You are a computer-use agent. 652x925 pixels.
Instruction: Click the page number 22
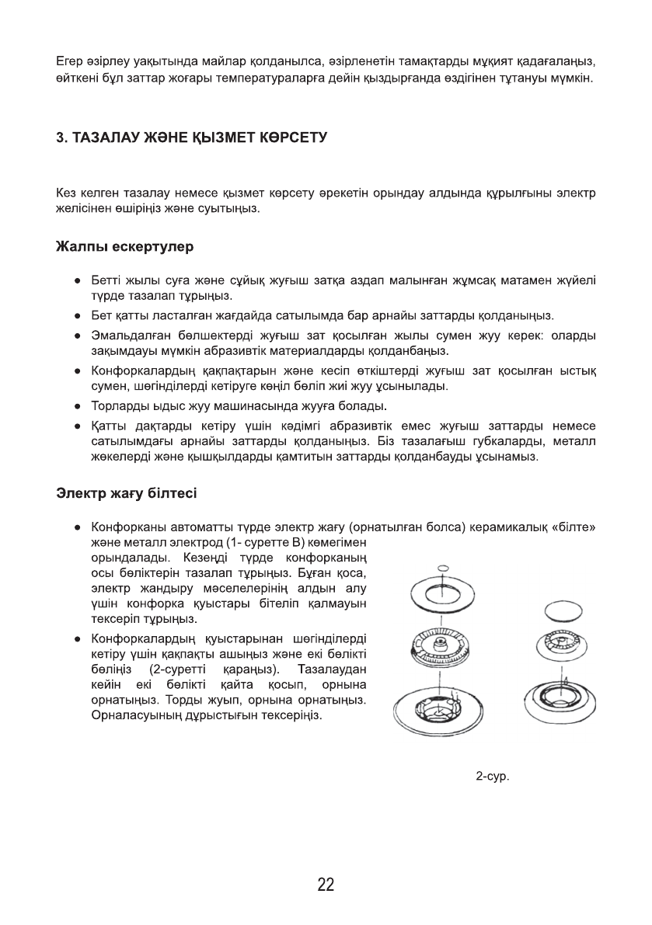point(326,884)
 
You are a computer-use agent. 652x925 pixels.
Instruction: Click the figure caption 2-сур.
point(493,776)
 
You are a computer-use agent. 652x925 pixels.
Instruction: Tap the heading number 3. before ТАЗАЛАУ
point(62,137)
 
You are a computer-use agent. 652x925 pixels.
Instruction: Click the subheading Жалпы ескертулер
point(124,248)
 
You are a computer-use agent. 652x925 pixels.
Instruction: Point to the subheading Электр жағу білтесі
point(127,492)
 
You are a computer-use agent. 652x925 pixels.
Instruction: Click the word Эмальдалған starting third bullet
point(127,335)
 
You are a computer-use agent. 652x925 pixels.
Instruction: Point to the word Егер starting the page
point(70,60)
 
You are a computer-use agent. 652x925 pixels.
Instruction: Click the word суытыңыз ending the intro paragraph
point(232,209)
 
